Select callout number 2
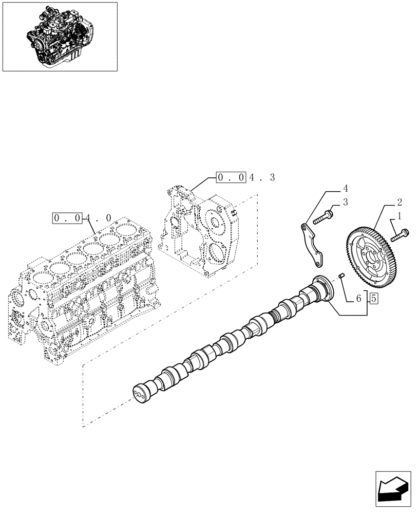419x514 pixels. pyautogui.click(x=399, y=202)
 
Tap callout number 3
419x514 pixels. pyautogui.click(x=346, y=202)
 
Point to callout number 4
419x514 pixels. pyautogui.click(x=346, y=188)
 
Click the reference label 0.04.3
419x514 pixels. pyautogui.click(x=245, y=178)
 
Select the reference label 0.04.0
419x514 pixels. pyautogui.click(x=82, y=217)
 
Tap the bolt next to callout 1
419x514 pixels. pyautogui.click(x=401, y=234)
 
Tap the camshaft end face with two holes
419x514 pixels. pyautogui.click(x=139, y=394)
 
